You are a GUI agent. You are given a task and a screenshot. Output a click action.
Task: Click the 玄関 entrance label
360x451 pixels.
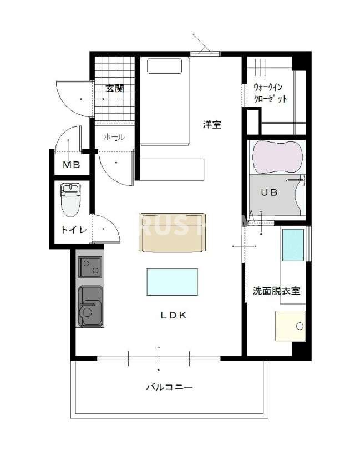115,88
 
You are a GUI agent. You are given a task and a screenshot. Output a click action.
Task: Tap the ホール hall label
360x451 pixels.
114,137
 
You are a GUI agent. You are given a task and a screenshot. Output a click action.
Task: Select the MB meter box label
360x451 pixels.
70,165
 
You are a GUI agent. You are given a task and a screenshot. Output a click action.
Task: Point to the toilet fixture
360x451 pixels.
70,200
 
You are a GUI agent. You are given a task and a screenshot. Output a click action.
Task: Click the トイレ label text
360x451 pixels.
73,229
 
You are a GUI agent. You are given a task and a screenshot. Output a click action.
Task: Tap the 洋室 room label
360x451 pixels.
212,125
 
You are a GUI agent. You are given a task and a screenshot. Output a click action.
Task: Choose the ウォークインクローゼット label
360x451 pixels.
270,93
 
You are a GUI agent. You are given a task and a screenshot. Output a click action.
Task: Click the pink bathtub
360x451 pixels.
277,157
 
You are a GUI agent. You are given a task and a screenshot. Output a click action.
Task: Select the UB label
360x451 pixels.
270,192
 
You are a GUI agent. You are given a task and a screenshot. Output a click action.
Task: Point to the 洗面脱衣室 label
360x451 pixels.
276,290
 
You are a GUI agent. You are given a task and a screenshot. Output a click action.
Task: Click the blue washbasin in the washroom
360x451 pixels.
292,245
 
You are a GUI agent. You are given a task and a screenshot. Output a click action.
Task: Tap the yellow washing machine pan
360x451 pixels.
290,325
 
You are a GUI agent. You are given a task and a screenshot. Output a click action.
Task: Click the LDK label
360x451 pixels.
174,316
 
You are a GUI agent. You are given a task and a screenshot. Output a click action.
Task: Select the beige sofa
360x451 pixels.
172,232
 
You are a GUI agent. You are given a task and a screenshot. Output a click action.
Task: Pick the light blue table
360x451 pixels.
172,282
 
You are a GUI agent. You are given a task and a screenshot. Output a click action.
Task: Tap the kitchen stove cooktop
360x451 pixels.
89,267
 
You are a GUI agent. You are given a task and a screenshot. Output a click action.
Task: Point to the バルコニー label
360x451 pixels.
169,387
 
